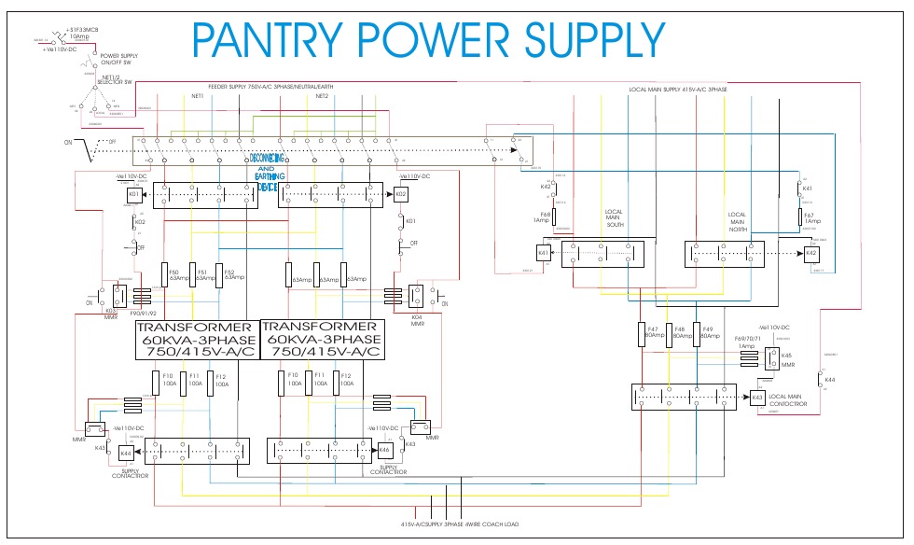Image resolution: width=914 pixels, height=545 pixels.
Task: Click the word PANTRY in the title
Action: click(267, 40)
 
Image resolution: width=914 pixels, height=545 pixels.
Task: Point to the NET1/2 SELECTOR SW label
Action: click(116, 81)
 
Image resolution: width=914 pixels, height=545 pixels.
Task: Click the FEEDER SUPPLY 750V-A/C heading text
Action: click(264, 87)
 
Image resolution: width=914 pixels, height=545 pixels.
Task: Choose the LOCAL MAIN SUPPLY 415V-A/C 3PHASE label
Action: click(678, 90)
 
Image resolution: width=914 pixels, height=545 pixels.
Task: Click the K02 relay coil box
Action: click(401, 195)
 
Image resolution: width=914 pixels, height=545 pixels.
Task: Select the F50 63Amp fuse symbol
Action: click(163, 274)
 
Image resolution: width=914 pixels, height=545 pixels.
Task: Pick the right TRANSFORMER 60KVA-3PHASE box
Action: click(323, 340)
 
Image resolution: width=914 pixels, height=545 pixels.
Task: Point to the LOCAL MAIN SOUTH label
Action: click(614, 218)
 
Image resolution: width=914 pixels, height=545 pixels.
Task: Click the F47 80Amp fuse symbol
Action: click(642, 335)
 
